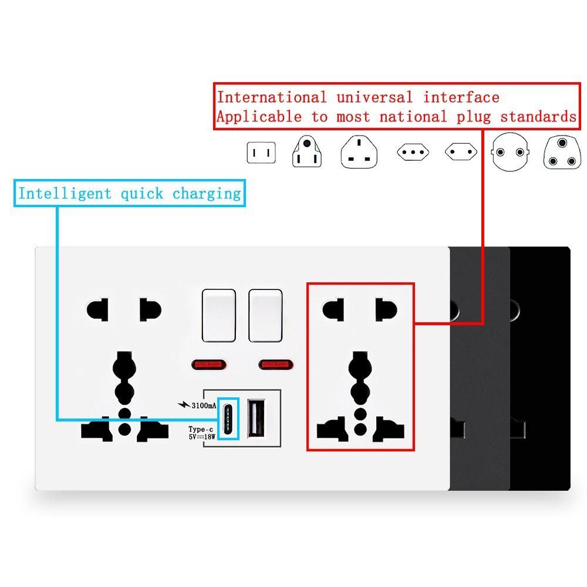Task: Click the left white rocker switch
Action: [x=218, y=315]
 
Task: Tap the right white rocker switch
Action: [x=265, y=315]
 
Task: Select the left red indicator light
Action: [x=209, y=365]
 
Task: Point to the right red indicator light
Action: [x=276, y=365]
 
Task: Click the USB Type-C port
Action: [x=228, y=418]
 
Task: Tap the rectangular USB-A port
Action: [x=257, y=418]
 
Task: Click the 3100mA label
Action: [x=204, y=406]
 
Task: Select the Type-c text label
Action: [x=201, y=429]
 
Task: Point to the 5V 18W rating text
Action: [x=202, y=437]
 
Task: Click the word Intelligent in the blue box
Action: [x=65, y=194]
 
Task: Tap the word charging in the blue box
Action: [x=207, y=194]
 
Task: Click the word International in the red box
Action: [x=272, y=97]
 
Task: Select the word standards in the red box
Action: [x=538, y=117]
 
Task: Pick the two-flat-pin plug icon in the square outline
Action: [x=261, y=153]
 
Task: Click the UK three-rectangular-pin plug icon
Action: [x=359, y=151]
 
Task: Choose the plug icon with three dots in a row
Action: [x=413, y=152]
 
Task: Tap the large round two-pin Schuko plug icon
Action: [x=510, y=151]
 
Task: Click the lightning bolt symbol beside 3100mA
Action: [x=184, y=404]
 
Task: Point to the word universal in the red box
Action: [x=375, y=97]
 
